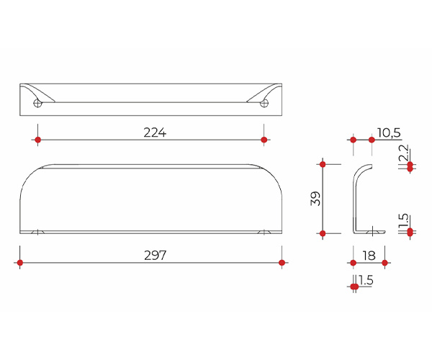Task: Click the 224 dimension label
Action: [x=155, y=132]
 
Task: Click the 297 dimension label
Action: [x=155, y=256]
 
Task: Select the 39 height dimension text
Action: [x=315, y=199]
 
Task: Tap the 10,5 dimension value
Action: [x=389, y=132]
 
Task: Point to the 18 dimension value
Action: [x=369, y=256]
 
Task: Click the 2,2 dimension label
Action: [x=403, y=153]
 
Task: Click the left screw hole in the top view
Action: [x=37, y=103]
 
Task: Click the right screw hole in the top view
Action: [x=264, y=103]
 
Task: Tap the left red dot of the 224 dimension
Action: [x=38, y=140]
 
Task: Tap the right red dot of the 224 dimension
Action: [x=264, y=140]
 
